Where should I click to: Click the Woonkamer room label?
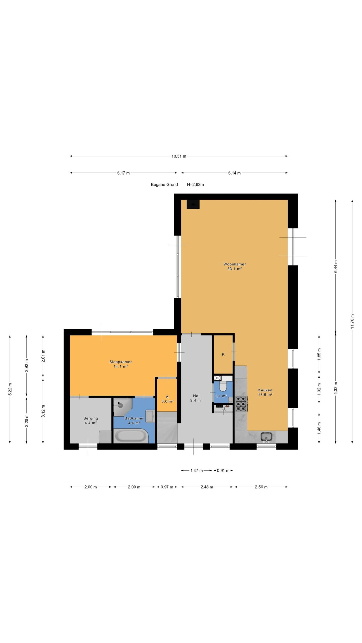(x=234, y=264)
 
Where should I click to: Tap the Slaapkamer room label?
(x=120, y=362)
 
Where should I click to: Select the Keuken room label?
(x=265, y=390)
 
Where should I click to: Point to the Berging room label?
(x=90, y=418)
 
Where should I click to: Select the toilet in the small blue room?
(x=223, y=386)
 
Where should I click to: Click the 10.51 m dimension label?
(x=179, y=156)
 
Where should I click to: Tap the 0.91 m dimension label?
(x=223, y=470)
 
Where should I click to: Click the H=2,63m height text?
(x=195, y=184)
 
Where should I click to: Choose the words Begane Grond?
(x=164, y=184)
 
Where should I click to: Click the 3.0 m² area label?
(x=167, y=401)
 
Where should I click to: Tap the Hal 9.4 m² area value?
(x=196, y=400)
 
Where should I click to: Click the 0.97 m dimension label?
(x=167, y=487)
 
